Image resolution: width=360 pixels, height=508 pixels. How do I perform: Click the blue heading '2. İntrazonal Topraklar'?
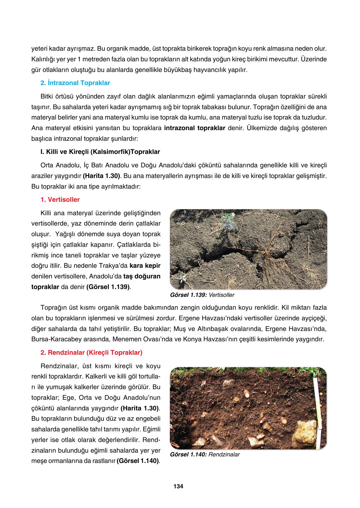[x=75, y=83]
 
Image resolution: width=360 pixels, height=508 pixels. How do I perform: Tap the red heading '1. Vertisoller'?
[x=60, y=200]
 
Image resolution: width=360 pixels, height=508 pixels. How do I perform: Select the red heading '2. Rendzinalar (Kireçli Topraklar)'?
[x=91, y=353]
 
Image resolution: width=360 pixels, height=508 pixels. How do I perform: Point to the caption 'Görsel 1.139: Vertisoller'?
[x=202, y=295]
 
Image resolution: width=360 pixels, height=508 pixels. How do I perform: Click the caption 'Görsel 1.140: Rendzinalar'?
[x=205, y=455]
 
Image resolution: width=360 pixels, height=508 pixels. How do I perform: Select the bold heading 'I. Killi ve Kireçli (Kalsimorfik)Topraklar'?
[x=100, y=152]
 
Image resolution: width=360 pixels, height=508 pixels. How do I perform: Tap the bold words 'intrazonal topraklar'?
[x=195, y=128]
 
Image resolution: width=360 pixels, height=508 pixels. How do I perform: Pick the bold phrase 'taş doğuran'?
[x=142, y=276]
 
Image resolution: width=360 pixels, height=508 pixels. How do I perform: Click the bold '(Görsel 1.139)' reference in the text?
[x=108, y=287]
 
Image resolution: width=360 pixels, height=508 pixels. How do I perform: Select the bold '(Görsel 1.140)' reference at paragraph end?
[x=138, y=461]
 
